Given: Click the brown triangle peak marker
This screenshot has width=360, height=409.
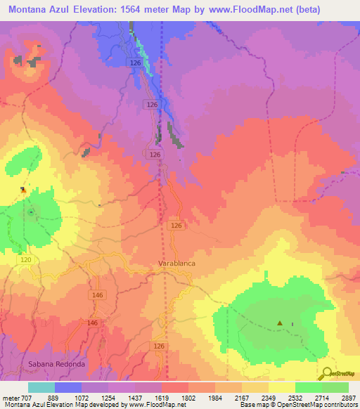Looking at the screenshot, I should tap(280, 324).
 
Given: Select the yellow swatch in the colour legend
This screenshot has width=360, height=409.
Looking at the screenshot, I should tap(282, 387).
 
